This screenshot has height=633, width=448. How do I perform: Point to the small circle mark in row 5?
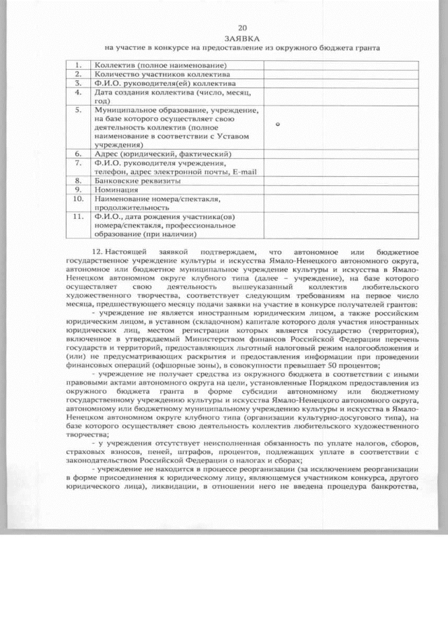point(277,125)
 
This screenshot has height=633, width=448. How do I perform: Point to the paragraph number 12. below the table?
point(98,250)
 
